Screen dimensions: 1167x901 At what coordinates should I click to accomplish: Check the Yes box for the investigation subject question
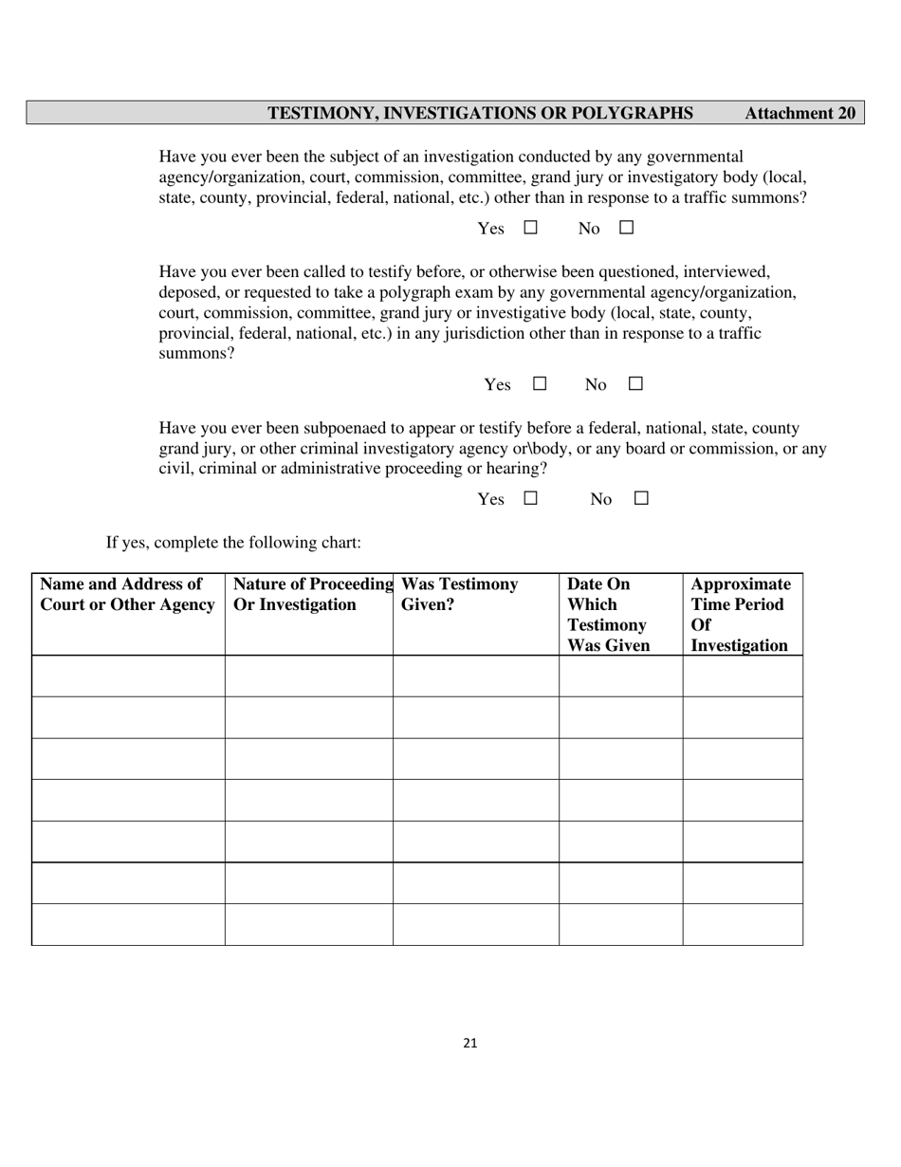tap(530, 228)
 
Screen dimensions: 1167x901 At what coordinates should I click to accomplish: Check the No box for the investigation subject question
tap(626, 228)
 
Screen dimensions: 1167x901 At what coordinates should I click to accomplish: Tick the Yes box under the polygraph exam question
tap(540, 383)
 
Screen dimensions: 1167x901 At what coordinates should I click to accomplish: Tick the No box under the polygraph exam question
tap(635, 383)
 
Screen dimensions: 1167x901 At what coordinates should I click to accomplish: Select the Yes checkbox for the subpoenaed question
tap(530, 498)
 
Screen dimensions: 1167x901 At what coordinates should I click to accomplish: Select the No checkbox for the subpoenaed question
tap(641, 498)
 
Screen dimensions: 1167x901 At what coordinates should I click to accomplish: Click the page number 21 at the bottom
tap(470, 1044)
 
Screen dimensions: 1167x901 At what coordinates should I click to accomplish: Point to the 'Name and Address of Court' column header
tap(127, 595)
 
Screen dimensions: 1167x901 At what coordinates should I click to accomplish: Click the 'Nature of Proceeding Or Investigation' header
tap(311, 595)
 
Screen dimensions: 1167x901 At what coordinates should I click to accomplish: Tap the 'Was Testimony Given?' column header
tap(460, 595)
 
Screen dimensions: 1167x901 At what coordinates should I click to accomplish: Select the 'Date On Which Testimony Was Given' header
tap(608, 615)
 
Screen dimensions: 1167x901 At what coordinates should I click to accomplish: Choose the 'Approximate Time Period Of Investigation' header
tap(740, 615)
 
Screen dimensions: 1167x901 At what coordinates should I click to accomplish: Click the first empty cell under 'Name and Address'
tap(128, 676)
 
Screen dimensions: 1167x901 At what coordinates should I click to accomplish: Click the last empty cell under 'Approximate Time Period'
tap(743, 924)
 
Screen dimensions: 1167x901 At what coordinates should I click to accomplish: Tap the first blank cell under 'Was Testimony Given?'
tap(475, 676)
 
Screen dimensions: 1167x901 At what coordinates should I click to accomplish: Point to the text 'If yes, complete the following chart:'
tap(233, 543)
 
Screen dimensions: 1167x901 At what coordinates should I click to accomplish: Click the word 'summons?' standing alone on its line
tap(196, 354)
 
